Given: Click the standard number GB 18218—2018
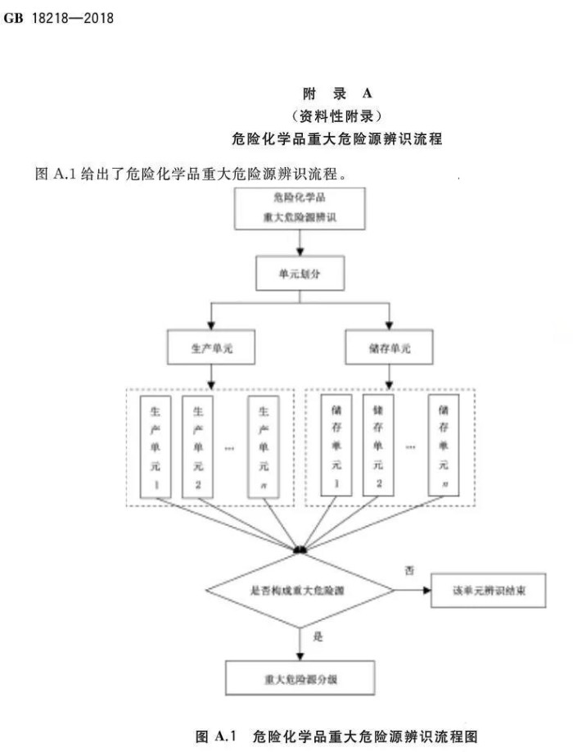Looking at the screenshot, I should [59, 16].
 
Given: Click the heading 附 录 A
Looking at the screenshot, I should [337, 93].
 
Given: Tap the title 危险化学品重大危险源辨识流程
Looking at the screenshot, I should [337, 138].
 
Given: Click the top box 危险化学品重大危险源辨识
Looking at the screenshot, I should [300, 209].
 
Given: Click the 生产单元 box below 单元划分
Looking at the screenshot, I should [211, 348].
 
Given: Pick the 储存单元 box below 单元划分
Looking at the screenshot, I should [390, 348].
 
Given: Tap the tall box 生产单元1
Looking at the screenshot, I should [156, 447].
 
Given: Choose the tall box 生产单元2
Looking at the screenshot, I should [197, 447].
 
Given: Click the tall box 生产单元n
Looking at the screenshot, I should [264, 447].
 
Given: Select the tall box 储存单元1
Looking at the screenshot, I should [335, 447].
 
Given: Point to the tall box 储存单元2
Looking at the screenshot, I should [377, 447].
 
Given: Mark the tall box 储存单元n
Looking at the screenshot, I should [444, 447].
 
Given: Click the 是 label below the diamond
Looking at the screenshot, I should [318, 635].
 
